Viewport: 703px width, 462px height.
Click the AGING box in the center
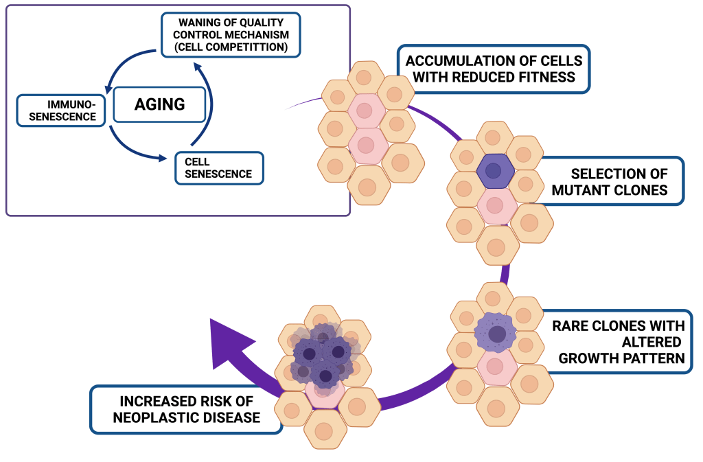159,104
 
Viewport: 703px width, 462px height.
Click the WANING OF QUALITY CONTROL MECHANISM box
231,34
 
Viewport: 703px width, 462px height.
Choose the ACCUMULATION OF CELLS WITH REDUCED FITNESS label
493,69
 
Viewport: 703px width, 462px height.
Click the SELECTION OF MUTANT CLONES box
610,181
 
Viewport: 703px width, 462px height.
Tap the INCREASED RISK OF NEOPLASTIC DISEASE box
186,409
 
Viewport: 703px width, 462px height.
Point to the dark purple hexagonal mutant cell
493,171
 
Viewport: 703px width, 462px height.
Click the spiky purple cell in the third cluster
494,333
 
